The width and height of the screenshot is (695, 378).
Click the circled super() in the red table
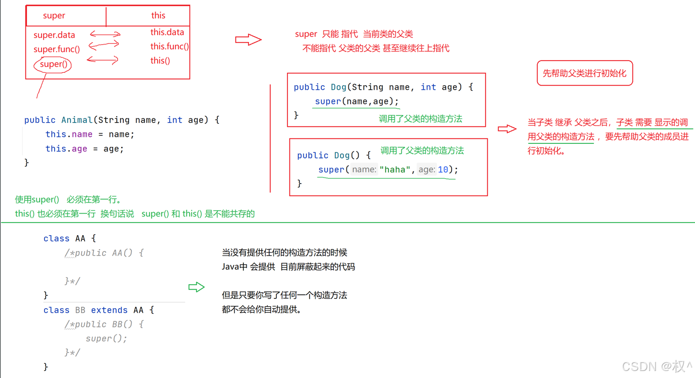[53, 65]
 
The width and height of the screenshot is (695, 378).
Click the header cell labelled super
[54, 16]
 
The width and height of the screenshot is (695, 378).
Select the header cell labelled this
[158, 16]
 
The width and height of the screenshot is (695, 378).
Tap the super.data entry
[54, 35]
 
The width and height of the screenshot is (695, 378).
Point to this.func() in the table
[169, 47]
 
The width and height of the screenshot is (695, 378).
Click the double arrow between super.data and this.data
[105, 35]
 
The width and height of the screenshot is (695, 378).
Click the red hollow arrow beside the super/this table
[248, 40]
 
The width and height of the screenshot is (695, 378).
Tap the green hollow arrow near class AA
[196, 287]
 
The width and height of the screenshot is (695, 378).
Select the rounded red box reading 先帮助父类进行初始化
[584, 73]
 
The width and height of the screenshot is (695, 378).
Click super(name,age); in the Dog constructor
[357, 101]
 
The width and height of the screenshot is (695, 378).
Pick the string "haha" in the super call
[395, 169]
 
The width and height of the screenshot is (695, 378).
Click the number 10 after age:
[443, 169]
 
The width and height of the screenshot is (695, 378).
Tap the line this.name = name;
[90, 134]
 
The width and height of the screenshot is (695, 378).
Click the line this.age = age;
[84, 149]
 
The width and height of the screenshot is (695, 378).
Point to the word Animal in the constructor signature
[77, 120]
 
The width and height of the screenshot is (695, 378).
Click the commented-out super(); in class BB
[106, 339]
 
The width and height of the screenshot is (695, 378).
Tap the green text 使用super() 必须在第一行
[68, 200]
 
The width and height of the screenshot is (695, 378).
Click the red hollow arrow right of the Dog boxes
[507, 129]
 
